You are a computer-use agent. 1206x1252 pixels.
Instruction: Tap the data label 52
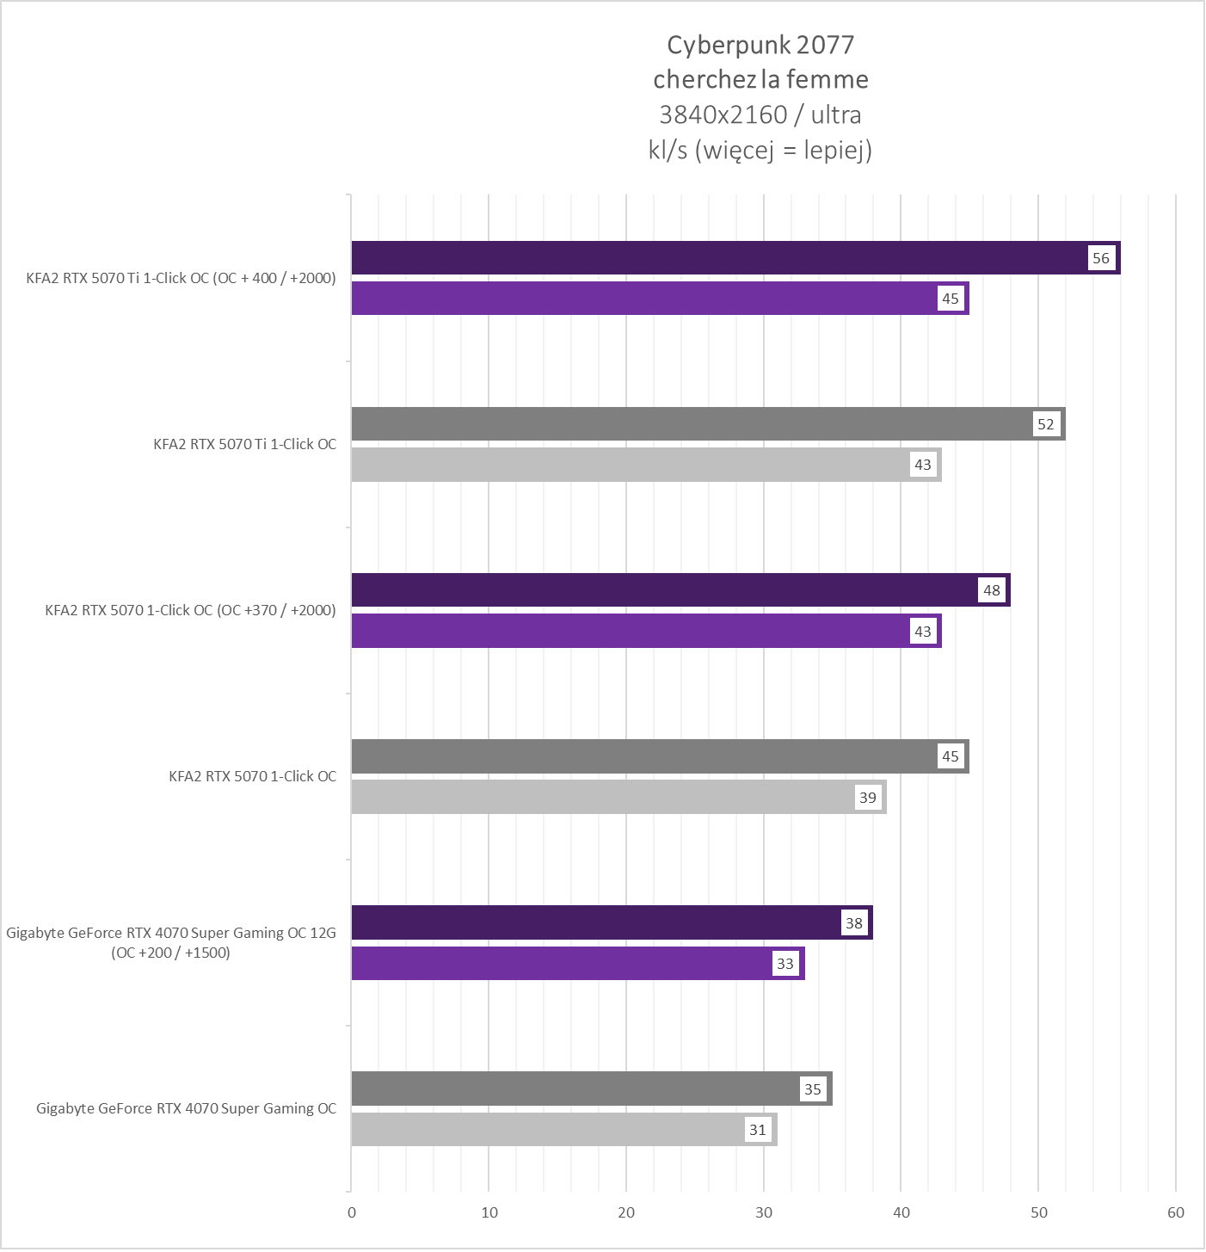1045,424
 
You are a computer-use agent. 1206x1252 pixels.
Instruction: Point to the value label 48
992,590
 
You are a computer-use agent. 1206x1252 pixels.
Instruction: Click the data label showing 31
757,1130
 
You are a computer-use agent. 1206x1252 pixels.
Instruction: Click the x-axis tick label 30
764,1213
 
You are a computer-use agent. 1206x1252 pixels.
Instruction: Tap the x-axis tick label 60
1176,1213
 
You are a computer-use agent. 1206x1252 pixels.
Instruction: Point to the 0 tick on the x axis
352,1213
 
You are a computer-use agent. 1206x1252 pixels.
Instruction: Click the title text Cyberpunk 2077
760,45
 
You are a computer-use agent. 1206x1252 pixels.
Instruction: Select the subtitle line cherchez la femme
760,80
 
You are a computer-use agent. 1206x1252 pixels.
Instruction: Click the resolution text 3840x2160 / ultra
760,114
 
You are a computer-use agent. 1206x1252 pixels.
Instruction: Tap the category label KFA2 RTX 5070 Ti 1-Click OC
245,445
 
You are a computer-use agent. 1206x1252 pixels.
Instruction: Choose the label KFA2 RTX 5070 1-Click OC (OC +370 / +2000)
191,611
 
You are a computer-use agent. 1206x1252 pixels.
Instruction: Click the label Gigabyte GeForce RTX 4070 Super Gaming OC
187,1109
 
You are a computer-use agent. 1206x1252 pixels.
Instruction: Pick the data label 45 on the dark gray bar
950,756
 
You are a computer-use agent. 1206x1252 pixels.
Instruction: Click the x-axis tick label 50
1039,1213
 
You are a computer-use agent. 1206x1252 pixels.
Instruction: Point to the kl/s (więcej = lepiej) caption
760,151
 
